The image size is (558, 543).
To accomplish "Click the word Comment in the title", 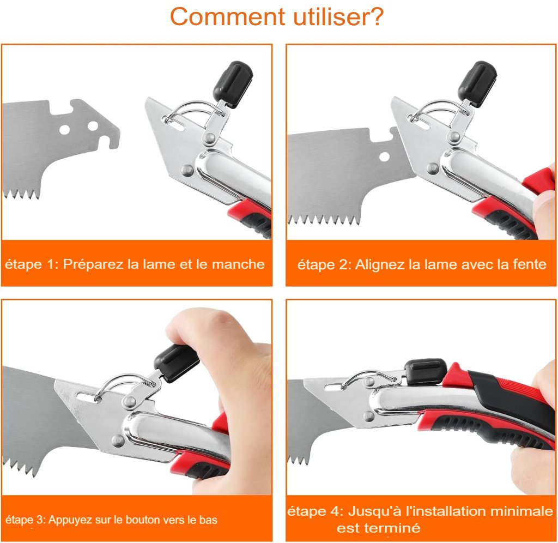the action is tap(228, 17).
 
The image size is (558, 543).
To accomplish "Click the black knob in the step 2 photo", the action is tap(477, 83).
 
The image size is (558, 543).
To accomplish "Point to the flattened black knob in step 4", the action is tap(425, 371).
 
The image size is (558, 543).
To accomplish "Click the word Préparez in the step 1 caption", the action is tap(93, 264).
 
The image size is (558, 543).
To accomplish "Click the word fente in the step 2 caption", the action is tap(529, 265).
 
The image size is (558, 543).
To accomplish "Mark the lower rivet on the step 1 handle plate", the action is tap(187, 170).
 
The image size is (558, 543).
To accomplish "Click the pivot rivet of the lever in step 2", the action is tap(454, 136).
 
